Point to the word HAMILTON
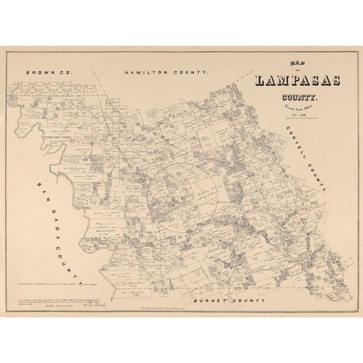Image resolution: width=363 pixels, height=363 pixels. coord(149,73)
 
